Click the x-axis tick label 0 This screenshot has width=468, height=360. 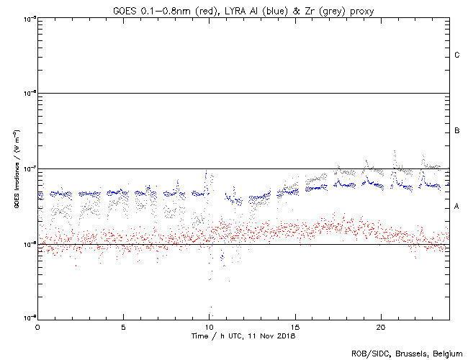(x=37, y=326)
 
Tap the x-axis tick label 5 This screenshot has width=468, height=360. (x=123, y=326)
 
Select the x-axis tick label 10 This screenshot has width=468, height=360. (x=209, y=326)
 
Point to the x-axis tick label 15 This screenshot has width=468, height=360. (x=294, y=326)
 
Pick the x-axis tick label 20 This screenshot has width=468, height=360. (x=380, y=326)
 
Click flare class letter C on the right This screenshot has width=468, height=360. (x=457, y=55)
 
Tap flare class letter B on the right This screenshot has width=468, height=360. (x=457, y=131)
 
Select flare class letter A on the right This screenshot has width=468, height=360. (x=457, y=207)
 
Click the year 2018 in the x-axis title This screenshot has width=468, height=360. (x=285, y=336)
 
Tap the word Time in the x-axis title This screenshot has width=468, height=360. (x=201, y=336)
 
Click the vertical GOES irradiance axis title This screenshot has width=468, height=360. (x=16, y=169)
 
